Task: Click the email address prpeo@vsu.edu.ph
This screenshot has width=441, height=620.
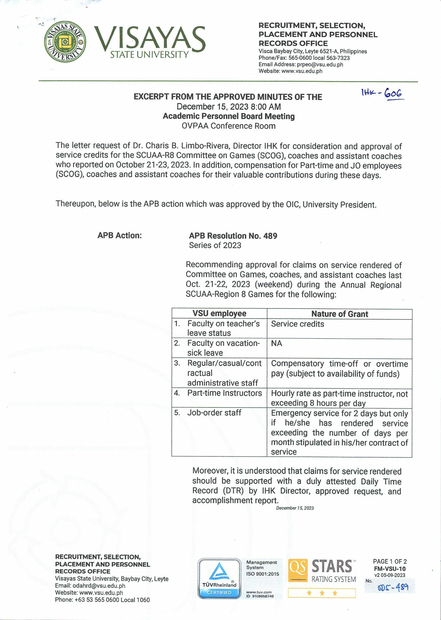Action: click(320, 65)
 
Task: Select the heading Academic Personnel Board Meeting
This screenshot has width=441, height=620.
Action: click(229, 116)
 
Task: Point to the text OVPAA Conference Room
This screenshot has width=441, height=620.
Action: click(229, 126)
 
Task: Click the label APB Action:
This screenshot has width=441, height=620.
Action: click(120, 235)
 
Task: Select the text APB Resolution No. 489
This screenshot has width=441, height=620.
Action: click(233, 236)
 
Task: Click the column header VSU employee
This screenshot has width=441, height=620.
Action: click(219, 313)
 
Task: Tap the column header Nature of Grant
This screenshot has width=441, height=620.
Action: click(340, 314)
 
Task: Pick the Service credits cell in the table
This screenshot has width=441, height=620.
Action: click(297, 324)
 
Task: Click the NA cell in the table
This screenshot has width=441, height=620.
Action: click(277, 343)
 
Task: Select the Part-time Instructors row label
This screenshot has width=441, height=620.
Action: click(224, 393)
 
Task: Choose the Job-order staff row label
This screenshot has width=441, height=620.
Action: click(214, 413)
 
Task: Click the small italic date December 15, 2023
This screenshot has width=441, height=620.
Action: click(295, 508)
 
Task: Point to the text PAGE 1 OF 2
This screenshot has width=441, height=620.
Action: click(390, 561)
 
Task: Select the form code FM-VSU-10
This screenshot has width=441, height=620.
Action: click(390, 569)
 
